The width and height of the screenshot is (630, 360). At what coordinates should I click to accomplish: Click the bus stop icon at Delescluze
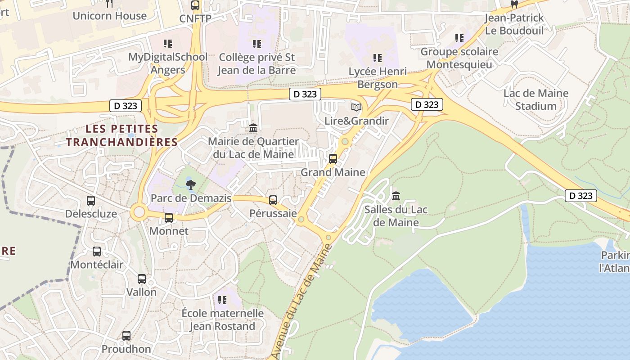click(91, 201)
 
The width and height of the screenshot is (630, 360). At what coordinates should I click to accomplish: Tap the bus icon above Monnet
click(169, 218)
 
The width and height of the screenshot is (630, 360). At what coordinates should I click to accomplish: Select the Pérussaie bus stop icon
click(273, 200)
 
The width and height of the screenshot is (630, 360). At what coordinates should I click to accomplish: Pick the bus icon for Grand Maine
click(333, 159)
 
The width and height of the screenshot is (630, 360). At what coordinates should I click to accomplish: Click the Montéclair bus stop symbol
click(97, 252)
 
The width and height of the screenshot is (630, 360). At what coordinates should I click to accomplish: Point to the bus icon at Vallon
click(142, 279)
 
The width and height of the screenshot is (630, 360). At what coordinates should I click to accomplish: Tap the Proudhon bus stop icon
click(126, 336)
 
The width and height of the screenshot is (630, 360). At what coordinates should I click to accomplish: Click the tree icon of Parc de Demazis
click(191, 184)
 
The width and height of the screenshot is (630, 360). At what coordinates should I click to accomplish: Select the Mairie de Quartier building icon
click(253, 128)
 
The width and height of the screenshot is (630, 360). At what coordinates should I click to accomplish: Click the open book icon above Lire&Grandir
click(356, 107)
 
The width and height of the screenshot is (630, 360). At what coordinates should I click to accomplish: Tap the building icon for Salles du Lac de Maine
click(396, 196)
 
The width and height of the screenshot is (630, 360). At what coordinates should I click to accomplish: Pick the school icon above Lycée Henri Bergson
click(378, 58)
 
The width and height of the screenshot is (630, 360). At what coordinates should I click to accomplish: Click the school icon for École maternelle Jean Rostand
click(222, 300)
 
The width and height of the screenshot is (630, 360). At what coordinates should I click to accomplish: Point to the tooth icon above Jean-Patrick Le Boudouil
click(514, 4)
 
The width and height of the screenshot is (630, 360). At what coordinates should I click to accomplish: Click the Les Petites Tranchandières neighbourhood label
click(122, 136)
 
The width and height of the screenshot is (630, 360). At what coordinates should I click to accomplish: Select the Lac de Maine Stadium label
click(535, 100)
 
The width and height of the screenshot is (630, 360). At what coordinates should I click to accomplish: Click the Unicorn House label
click(109, 16)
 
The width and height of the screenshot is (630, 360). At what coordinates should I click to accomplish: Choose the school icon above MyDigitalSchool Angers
click(168, 44)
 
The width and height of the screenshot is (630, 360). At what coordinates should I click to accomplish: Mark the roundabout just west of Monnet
click(139, 212)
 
